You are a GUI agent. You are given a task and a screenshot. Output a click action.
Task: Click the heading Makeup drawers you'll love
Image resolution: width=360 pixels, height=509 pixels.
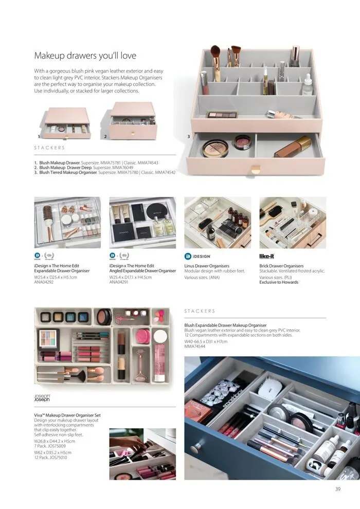[85, 56]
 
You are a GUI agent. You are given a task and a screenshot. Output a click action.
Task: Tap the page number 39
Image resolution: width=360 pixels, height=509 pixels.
[337, 489]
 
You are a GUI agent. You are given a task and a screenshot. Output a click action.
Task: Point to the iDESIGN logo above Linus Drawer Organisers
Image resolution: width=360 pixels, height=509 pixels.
[197, 256]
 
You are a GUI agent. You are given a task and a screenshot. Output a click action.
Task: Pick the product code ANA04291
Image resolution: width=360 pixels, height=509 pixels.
[119, 282]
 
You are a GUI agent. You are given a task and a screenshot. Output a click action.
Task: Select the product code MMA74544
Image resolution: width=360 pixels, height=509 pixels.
[195, 347]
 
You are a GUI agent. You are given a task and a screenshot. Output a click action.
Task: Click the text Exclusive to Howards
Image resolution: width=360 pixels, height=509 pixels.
[279, 282]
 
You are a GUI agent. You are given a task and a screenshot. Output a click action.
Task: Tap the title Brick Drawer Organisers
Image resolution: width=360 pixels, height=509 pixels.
[281, 266]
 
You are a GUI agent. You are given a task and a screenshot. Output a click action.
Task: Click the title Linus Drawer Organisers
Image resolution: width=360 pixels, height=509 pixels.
[207, 266]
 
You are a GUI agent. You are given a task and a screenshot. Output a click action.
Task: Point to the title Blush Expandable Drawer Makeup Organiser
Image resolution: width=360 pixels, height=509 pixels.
[225, 325]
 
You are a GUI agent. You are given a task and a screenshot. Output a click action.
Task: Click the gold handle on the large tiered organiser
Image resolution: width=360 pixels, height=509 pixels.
[256, 169]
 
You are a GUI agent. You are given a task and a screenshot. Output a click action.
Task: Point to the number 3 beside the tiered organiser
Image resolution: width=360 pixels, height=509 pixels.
[189, 137]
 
